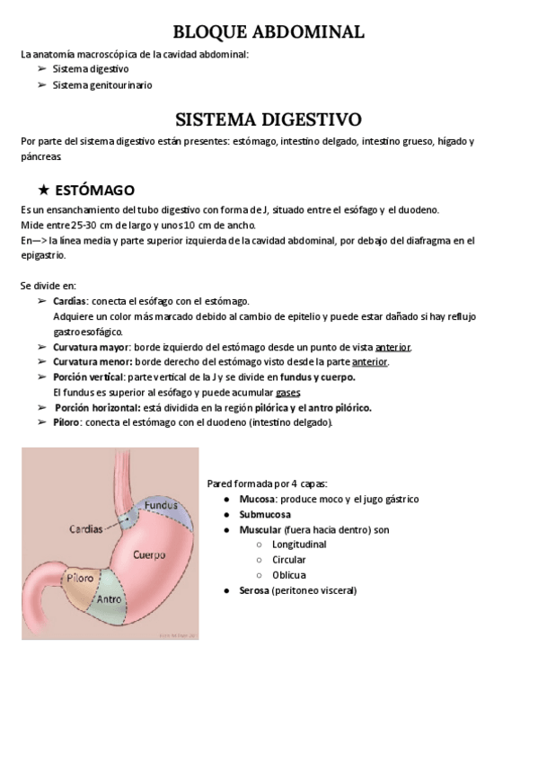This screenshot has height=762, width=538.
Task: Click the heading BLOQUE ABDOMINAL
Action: pyautogui.click(x=268, y=32)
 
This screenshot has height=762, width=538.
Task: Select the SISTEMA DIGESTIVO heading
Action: pyautogui.click(x=268, y=120)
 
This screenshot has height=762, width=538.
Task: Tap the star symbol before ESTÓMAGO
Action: pyautogui.click(x=43, y=190)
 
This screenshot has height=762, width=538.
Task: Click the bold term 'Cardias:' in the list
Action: pyautogui.click(x=71, y=301)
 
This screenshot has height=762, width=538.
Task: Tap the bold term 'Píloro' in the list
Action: pyautogui.click(x=67, y=422)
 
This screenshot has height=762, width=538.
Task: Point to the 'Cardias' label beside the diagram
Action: pyautogui.click(x=85, y=529)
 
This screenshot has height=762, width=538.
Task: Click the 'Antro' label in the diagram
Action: pyautogui.click(x=109, y=598)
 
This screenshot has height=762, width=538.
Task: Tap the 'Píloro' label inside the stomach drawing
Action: pyautogui.click(x=81, y=579)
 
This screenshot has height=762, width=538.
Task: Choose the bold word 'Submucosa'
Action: pyautogui.click(x=265, y=514)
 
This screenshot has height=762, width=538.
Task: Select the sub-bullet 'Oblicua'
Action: pyautogui.click(x=289, y=575)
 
